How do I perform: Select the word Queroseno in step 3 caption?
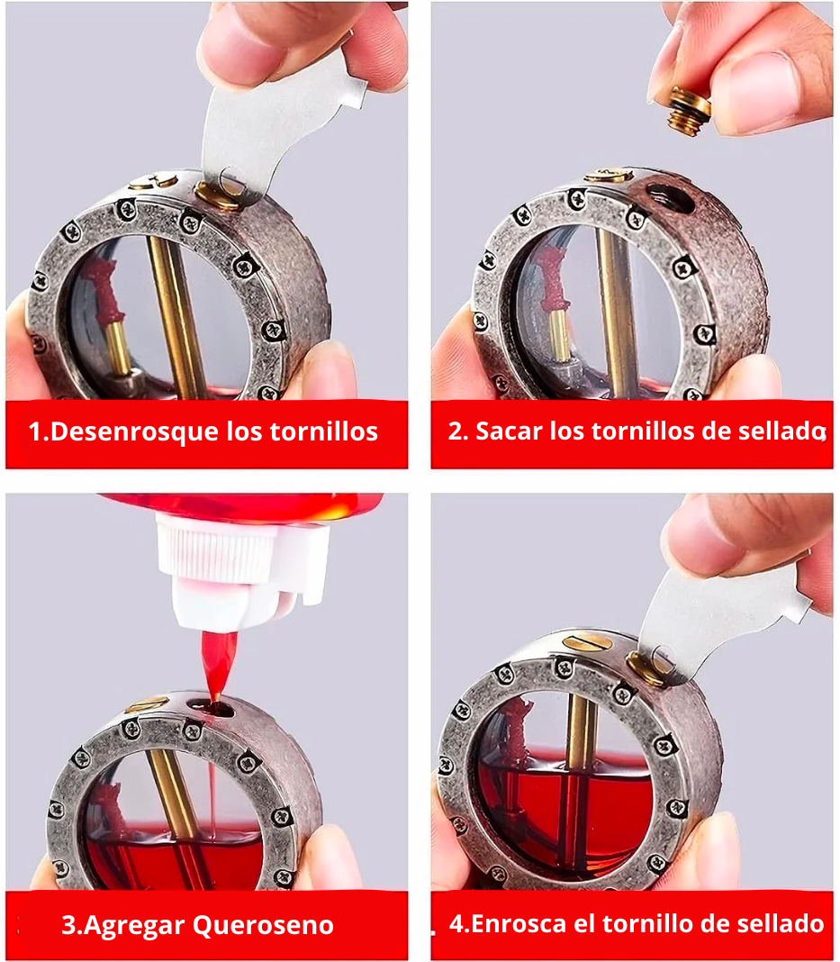click(x=264, y=924)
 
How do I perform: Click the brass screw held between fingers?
click(x=689, y=111)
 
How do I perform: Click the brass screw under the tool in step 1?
click(x=220, y=195)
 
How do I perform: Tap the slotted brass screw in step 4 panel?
click(x=587, y=642)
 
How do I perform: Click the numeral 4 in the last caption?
click(x=456, y=923)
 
